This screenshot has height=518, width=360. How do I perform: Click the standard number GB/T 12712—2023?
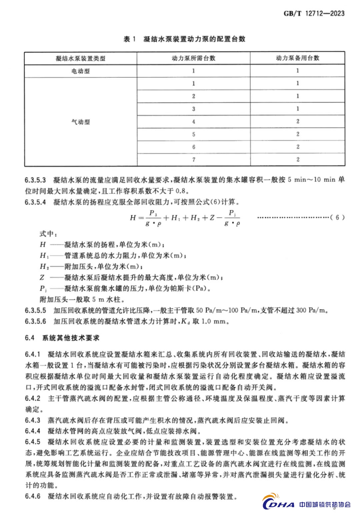coord(314,14)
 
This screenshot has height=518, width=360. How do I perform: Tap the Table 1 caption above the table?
coord(184,39)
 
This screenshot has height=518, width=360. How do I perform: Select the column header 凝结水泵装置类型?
coord(80,58)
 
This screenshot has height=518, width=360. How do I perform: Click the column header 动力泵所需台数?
coord(193,58)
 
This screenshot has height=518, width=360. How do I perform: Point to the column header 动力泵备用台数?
coord(297,58)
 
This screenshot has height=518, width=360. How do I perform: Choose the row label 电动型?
coord(80,71)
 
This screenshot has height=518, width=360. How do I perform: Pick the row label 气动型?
coord(80,122)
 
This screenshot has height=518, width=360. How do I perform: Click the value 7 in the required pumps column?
coord(193,159)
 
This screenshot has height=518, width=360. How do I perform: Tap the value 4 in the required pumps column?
coord(193,121)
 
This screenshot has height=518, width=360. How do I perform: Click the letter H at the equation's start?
coord(133,218)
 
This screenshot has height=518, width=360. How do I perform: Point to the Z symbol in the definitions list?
coord(42,277)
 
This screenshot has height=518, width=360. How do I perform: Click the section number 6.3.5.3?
coord(35,180)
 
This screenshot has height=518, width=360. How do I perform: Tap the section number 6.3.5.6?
coord(35,322)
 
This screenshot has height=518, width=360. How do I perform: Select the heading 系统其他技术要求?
coord(71,338)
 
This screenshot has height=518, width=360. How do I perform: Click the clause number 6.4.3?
coord(32,420)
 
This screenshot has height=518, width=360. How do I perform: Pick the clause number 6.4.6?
coord(32,496)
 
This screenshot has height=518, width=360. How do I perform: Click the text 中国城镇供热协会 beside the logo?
coord(325,504)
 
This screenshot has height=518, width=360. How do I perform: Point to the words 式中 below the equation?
coord(46,233)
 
